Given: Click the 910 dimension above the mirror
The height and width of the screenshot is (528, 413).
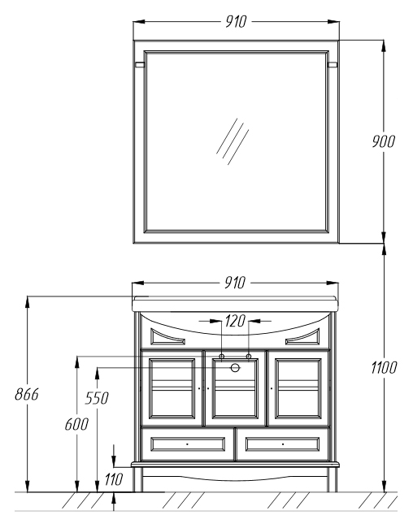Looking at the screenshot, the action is click(236, 22).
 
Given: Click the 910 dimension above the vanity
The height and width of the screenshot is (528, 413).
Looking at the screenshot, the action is click(235, 283).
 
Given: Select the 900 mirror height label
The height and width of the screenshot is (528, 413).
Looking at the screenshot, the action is click(383, 141).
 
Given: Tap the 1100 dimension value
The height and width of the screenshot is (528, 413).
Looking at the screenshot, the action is click(384, 367).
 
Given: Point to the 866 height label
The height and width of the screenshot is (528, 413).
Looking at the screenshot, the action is click(27, 394).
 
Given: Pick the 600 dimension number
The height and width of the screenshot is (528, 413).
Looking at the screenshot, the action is click(76, 424).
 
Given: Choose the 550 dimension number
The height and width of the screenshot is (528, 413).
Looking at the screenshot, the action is click(97, 398).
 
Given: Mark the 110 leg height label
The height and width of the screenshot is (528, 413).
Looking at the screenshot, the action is click(113, 479).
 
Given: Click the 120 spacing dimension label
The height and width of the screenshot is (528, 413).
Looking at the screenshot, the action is click(235, 321).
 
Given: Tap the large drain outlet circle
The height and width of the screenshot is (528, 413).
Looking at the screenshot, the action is click(235, 368).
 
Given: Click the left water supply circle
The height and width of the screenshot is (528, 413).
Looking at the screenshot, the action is click(222, 357).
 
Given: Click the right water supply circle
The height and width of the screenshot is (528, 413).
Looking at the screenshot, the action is click(249, 357).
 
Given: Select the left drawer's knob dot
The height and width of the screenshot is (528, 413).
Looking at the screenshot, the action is click(188, 444).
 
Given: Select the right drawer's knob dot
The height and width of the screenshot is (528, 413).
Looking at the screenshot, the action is click(283, 444).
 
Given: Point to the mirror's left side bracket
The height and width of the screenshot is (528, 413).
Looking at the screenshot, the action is click(140, 65).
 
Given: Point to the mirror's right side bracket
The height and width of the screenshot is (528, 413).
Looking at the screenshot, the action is click(333, 65).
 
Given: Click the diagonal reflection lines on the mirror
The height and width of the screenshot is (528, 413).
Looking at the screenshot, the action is click(233, 141).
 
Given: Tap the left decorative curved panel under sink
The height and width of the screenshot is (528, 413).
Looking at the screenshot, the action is click(167, 337).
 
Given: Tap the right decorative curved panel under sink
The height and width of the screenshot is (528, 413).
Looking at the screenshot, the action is click(302, 337).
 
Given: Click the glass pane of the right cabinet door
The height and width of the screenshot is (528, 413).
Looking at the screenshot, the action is click(298, 388).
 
